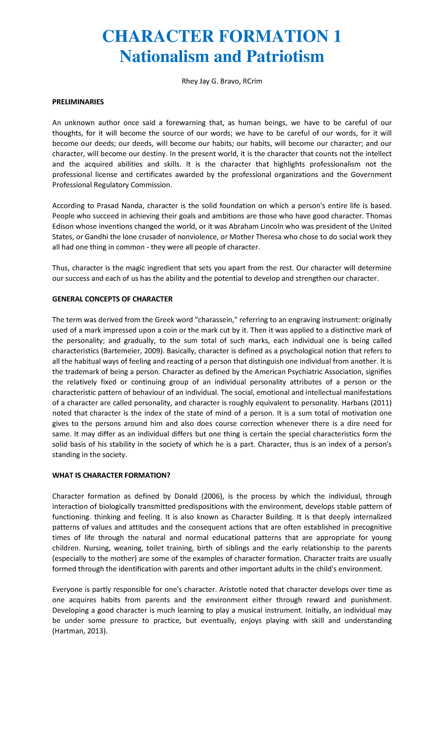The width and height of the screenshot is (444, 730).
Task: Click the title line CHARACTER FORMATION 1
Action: tap(222, 37)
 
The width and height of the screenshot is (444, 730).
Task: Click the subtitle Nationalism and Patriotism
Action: tap(222, 57)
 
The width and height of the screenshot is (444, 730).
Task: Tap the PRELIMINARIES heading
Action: tap(78, 102)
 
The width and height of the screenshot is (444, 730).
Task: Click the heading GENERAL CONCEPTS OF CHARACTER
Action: tap(112, 299)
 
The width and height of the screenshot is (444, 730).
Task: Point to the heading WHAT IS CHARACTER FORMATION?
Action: tap(111, 475)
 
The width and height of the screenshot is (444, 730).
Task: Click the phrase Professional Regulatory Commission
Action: tap(112, 185)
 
